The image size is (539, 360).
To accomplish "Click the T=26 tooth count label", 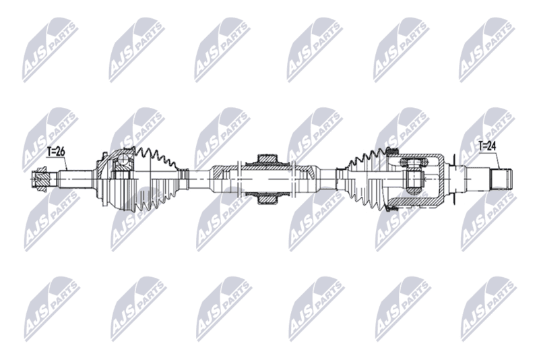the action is (56, 151).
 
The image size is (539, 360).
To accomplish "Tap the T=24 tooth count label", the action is (488, 146).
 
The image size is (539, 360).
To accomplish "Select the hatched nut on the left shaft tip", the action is (40, 179).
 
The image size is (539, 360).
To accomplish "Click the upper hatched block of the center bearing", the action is (267, 160).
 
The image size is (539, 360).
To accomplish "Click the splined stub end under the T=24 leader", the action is (501, 179).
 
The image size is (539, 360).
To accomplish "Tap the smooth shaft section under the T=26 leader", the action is (75, 179).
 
